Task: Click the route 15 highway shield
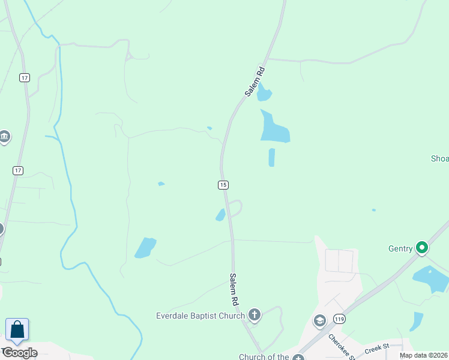(223, 185)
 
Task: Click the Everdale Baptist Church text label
(200, 316)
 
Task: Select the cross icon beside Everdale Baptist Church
(255, 314)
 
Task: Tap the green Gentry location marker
(422, 247)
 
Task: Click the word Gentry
(400, 248)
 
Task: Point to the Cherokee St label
(341, 346)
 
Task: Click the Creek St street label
(376, 346)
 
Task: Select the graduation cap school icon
(319, 320)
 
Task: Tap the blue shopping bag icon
(17, 331)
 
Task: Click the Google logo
(20, 352)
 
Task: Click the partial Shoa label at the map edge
(439, 159)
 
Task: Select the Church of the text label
(264, 357)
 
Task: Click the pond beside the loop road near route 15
(220, 215)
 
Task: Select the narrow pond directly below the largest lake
(271, 157)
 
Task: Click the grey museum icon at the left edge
(4, 137)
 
